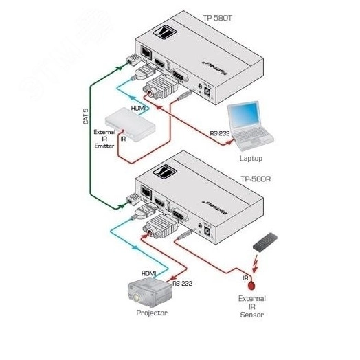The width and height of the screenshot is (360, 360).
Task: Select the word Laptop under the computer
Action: (x=251, y=157)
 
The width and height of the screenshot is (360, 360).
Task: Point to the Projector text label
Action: (x=152, y=313)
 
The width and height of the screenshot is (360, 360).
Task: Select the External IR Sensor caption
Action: (x=251, y=307)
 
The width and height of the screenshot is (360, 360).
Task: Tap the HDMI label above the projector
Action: (x=149, y=273)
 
